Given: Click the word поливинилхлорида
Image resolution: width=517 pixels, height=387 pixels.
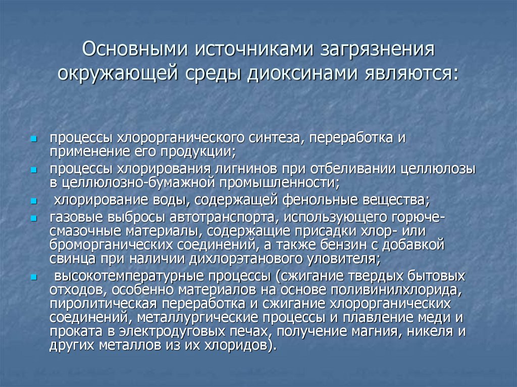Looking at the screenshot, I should click(394, 290).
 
